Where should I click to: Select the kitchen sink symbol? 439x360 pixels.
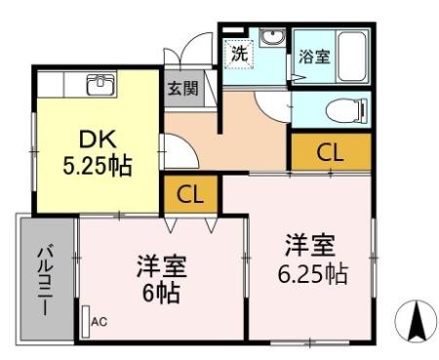(x=101, y=85)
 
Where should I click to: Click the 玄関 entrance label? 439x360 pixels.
(x=182, y=88)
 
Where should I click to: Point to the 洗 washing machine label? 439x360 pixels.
(x=240, y=53)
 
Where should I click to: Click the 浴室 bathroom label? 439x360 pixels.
(x=313, y=57)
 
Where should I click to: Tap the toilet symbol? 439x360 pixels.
(x=338, y=108)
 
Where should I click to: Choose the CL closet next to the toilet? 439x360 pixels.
(x=330, y=151)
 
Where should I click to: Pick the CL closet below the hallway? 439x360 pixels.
(x=190, y=193)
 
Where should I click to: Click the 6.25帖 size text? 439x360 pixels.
(x=311, y=272)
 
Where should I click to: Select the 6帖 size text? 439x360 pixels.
(x=162, y=291)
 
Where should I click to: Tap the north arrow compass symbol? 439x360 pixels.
(x=414, y=321)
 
